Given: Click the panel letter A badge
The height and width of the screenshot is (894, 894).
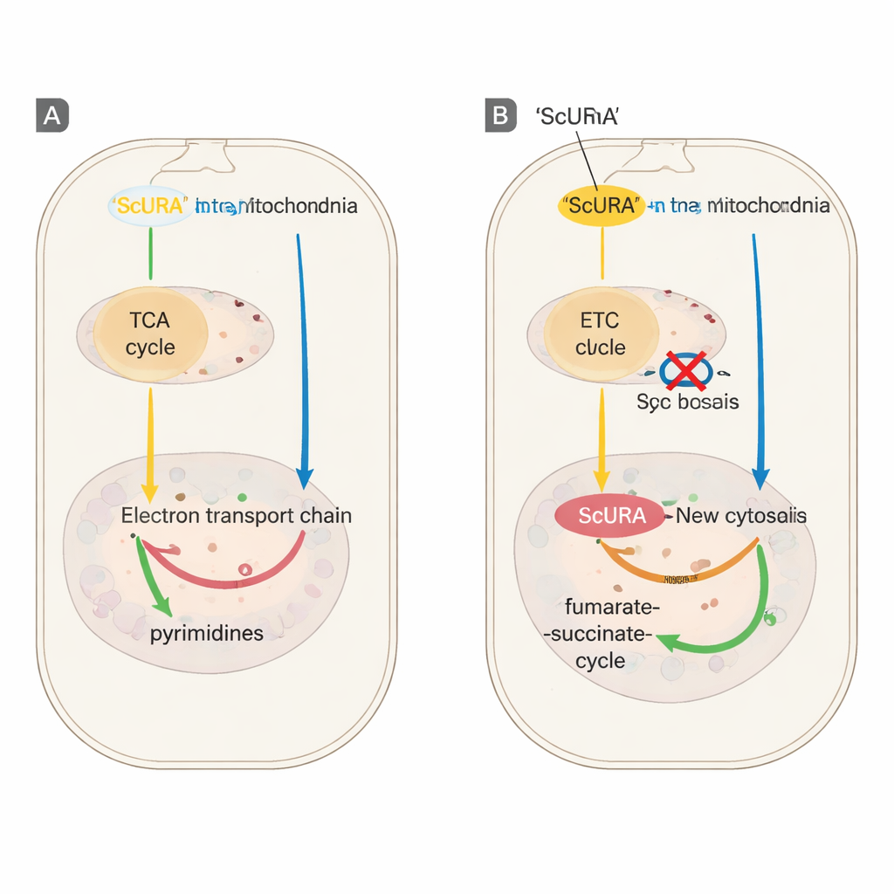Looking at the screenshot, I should [52, 115].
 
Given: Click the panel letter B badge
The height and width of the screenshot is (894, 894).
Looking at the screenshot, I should [500, 115].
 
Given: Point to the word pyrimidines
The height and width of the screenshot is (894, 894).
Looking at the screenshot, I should [206, 633].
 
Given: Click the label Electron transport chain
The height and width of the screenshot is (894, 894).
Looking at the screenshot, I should [236, 515].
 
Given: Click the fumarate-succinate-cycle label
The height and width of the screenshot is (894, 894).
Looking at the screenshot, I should [600, 633].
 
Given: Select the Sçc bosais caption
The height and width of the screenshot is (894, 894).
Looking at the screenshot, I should [688, 402].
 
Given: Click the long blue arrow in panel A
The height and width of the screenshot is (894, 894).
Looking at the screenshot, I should [302, 349].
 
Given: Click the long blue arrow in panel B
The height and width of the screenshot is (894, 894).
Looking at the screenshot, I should [756, 349].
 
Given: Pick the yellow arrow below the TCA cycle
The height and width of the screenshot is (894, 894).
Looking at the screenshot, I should [150, 437].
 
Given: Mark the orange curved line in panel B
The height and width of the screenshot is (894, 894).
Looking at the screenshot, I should [672, 576].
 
